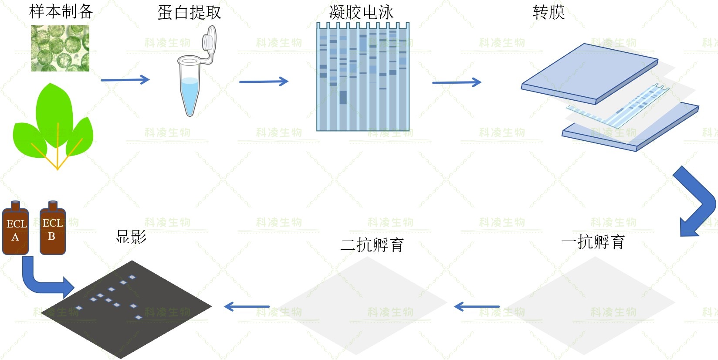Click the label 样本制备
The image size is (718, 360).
[x=61, y=12]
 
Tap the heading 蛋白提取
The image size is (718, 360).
[x=189, y=13]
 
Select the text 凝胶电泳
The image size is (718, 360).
[x=361, y=12]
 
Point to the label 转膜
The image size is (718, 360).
[x=549, y=12]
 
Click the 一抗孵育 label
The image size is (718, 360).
[x=593, y=242]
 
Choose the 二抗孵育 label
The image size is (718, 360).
[x=372, y=245]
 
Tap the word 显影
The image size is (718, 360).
[x=131, y=237]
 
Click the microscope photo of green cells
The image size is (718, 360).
[x=60, y=48]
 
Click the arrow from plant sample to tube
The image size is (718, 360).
[x=125, y=80]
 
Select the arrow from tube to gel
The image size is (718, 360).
[x=264, y=82]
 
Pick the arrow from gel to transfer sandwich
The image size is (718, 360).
[x=457, y=82]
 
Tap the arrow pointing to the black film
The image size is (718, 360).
[x=247, y=307]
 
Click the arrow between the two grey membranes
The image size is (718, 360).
[x=477, y=307]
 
